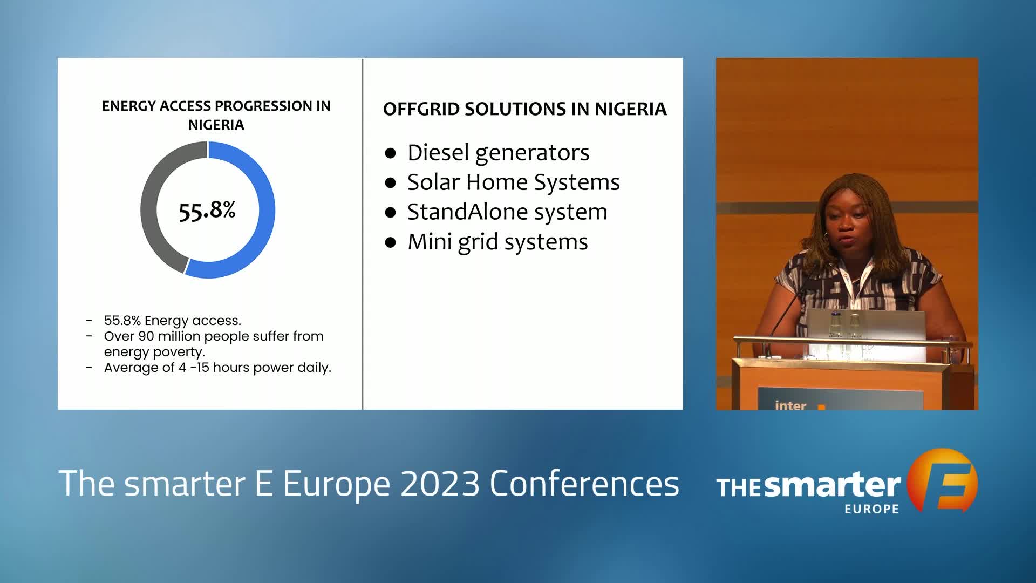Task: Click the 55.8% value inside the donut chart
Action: click(207, 211)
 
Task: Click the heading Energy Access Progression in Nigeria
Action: click(216, 115)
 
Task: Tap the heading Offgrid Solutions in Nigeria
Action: click(524, 109)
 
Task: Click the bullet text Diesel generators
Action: click(498, 152)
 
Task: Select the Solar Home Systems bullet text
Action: click(513, 182)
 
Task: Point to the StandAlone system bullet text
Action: click(507, 212)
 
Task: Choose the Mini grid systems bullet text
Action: click(497, 242)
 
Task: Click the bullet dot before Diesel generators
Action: click(391, 153)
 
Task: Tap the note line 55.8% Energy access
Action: click(172, 321)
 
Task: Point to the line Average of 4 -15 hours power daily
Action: click(217, 368)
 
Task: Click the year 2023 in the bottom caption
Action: click(440, 483)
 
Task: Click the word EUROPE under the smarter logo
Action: click(872, 509)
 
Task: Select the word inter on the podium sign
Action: click(790, 405)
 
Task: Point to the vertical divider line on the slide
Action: click(363, 234)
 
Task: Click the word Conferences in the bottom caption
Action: click(584, 483)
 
